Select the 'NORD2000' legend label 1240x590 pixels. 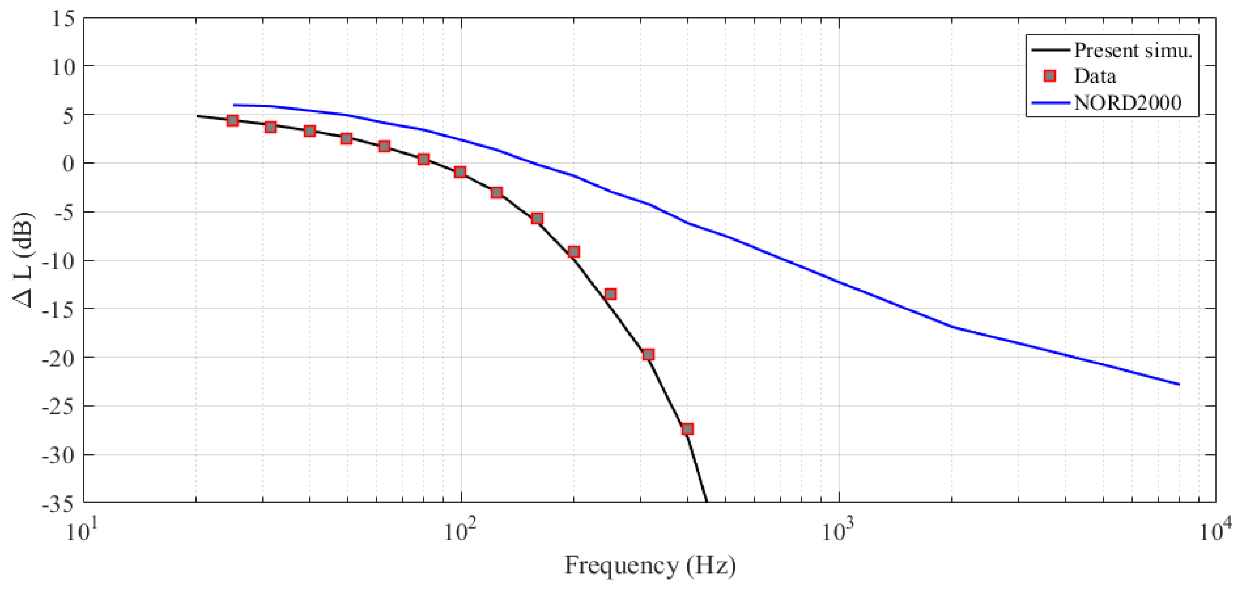point(1128,103)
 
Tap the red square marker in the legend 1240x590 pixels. point(1050,76)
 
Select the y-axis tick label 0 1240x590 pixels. point(69,164)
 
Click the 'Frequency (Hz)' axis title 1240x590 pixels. point(650,566)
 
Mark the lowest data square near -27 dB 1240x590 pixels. point(687,429)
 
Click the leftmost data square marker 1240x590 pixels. point(232,120)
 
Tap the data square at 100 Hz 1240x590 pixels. point(460,172)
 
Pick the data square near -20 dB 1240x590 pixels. point(649,355)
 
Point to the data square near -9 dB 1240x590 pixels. point(573,252)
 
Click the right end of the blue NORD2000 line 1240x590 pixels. point(1179,384)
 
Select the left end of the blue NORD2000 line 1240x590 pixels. point(235,105)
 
